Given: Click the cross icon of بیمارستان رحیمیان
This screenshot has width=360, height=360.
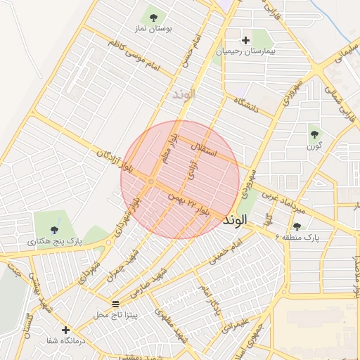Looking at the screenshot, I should pos(245,40).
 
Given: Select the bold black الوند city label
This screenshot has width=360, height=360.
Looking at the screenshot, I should pos(235,220).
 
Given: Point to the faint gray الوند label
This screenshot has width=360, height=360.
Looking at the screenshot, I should pos(181,93).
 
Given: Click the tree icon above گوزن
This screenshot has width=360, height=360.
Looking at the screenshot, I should pos(314,134).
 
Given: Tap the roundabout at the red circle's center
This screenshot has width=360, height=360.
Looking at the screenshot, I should pos(152,182).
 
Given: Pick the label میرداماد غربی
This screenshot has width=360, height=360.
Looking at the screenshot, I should pos(283,200).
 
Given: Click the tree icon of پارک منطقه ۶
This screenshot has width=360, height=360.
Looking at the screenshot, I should pos(297,226).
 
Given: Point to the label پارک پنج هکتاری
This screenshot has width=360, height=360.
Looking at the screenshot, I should pos(55,241).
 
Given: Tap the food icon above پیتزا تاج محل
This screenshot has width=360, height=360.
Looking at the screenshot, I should pos(115,303).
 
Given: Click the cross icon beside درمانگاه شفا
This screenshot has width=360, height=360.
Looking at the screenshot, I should pos(65,329).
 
